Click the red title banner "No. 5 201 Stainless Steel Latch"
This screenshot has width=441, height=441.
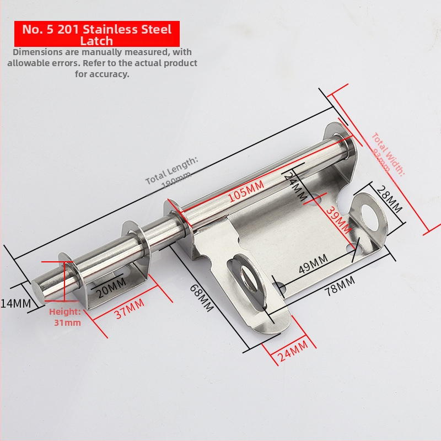click(96, 34)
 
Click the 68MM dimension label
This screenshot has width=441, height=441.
click(201, 298)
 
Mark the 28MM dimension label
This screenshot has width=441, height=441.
click(390, 200)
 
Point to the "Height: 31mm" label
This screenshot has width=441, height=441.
click(66, 318)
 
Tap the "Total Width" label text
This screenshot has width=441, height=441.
click(388, 153)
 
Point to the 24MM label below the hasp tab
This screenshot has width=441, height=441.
click(292, 351)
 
